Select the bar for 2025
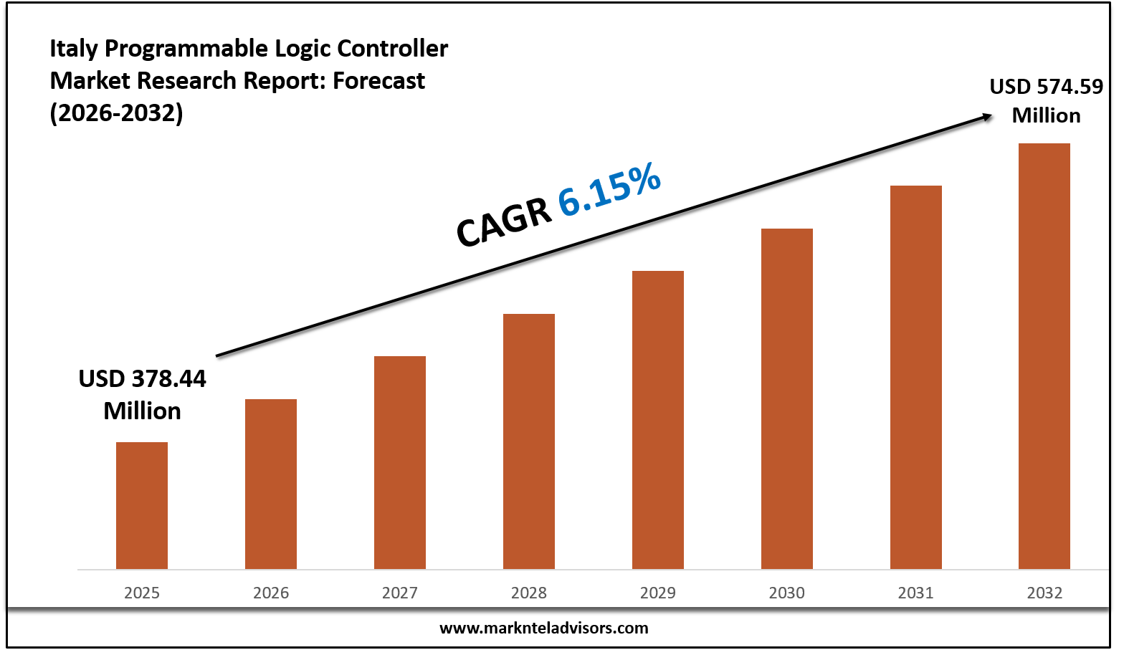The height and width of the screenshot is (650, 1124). (142, 505)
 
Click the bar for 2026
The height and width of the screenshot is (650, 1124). (271, 484)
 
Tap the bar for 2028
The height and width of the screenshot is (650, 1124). (529, 441)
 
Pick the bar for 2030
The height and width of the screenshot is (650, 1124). (787, 398)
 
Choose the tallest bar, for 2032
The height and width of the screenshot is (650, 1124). (1044, 356)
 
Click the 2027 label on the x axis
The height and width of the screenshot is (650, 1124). (400, 593)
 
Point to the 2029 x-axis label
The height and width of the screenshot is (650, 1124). (658, 593)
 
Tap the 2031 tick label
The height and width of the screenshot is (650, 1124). (916, 593)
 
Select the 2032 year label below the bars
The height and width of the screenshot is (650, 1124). (1044, 593)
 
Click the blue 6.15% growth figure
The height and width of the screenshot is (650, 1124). (609, 190)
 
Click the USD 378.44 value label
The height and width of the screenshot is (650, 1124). (142, 378)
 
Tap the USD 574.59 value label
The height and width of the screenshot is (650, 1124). (1046, 87)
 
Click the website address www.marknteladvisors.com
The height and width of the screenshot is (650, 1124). (543, 629)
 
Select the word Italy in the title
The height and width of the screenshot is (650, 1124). (74, 49)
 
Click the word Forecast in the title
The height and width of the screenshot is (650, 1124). (379, 81)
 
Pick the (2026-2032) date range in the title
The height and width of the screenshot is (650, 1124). (116, 113)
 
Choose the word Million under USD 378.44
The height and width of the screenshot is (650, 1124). (142, 411)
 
